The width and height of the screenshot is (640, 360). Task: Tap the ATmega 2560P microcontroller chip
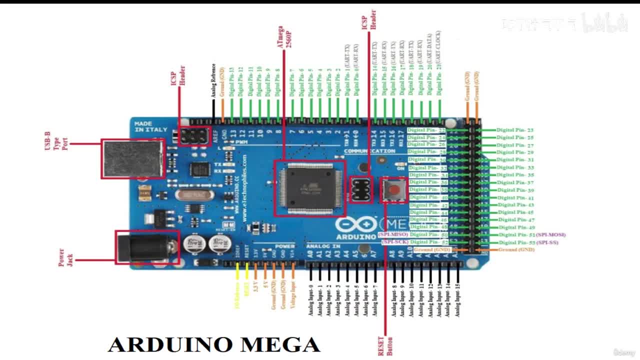[x=309, y=188]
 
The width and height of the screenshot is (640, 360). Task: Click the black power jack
[x=147, y=247]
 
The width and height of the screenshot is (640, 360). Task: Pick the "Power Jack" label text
[x=65, y=257]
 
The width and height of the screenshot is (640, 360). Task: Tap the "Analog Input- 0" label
[x=311, y=300]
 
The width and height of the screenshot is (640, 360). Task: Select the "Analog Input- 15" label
[x=457, y=299]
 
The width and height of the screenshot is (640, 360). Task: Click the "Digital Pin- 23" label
[x=515, y=130]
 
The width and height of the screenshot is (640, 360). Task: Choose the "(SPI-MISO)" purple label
[x=393, y=234]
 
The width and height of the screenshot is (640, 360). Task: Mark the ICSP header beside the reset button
[x=361, y=190]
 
